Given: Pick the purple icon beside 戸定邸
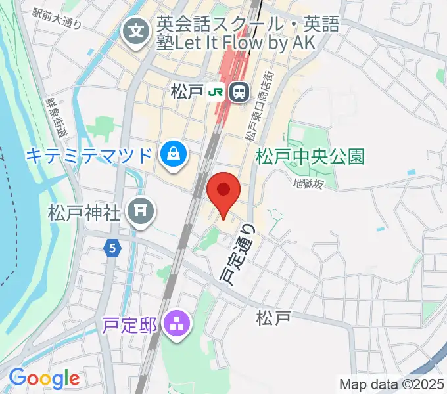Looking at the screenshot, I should (x=177, y=323).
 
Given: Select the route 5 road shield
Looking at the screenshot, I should (x=113, y=248).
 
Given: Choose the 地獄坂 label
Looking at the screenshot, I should (x=308, y=185).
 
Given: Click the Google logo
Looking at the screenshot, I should (x=43, y=379).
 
